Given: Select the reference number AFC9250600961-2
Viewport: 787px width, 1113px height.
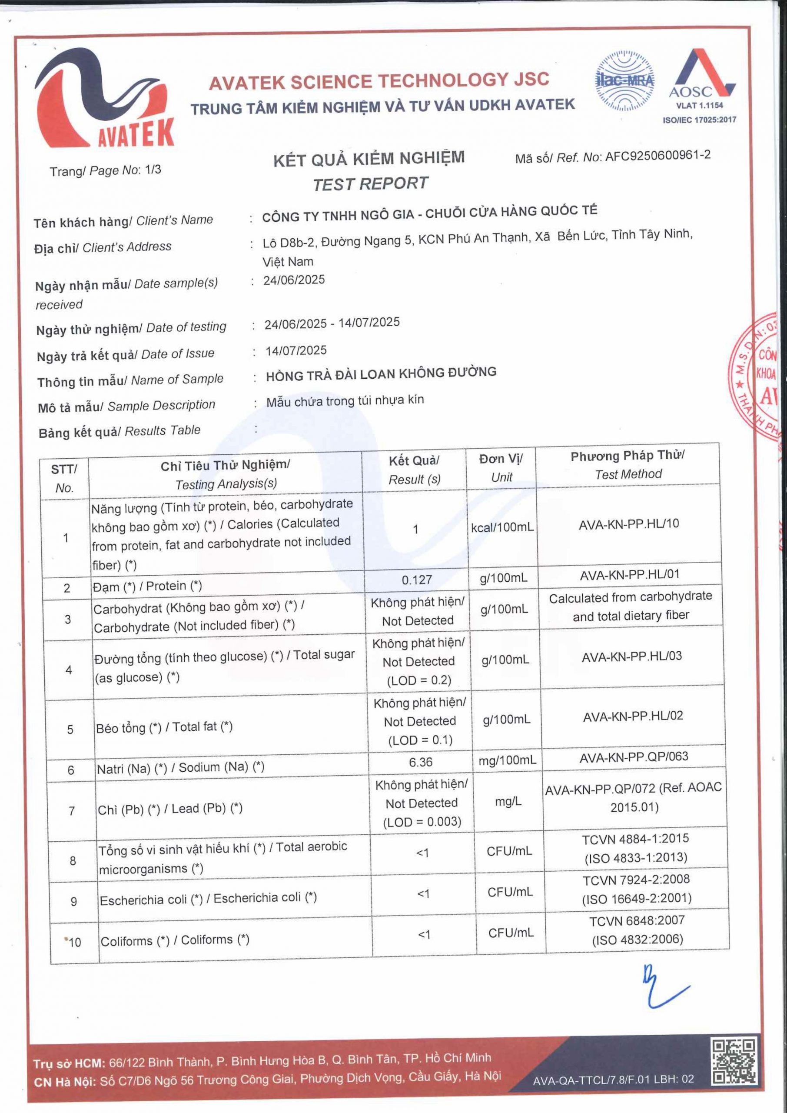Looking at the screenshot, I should pyautogui.click(x=657, y=156).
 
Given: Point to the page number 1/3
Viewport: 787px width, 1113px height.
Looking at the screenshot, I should pyautogui.click(x=153, y=170).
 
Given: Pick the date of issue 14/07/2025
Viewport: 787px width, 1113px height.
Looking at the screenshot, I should pyautogui.click(x=296, y=350).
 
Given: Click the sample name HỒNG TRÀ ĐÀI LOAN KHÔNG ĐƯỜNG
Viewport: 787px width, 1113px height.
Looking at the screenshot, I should pyautogui.click(x=381, y=374).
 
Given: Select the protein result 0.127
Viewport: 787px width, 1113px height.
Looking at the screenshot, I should pyautogui.click(x=416, y=580).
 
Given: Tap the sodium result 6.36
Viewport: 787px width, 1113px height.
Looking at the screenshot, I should pyautogui.click(x=420, y=762).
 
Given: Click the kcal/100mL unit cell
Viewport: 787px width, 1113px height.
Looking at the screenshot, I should pyautogui.click(x=502, y=527).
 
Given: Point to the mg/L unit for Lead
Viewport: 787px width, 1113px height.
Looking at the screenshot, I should pyautogui.click(x=508, y=802).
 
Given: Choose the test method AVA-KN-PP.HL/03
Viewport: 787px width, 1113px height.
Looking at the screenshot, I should pyautogui.click(x=631, y=656).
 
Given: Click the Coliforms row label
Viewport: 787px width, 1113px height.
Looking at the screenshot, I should pyautogui.click(x=174, y=940).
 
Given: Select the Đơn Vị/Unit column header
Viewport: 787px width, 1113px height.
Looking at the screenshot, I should pyautogui.click(x=501, y=468).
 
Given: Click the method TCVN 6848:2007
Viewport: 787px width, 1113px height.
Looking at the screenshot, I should pyautogui.click(x=636, y=920).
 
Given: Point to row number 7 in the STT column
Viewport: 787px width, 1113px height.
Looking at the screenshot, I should pyautogui.click(x=72, y=811).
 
